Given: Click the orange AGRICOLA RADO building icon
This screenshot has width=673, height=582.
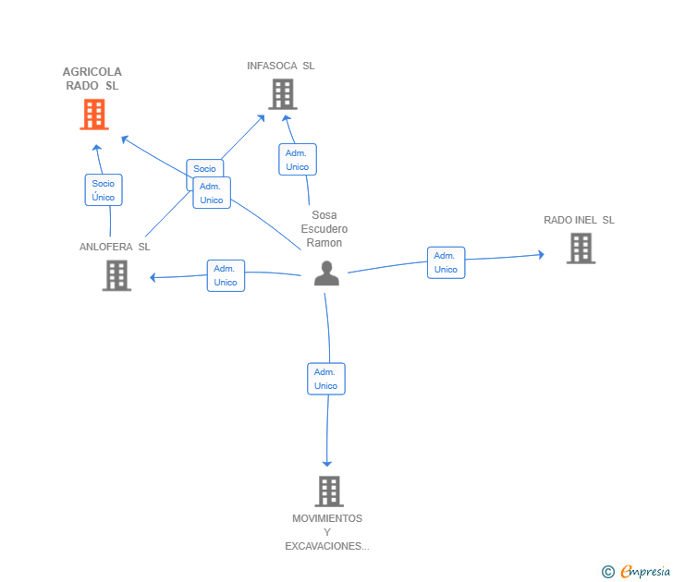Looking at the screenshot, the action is coord(94,114).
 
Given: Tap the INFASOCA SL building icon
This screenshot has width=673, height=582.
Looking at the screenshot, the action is coord(283,94).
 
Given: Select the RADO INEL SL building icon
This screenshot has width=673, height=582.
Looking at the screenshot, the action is coord(581,249).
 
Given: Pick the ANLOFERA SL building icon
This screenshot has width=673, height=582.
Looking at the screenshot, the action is coord(116,276).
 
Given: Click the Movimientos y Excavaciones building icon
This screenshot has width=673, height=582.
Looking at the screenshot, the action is coord(329,491).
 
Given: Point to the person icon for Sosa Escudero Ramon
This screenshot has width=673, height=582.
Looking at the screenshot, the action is coord(326,273).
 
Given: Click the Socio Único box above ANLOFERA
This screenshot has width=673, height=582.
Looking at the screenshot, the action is coord(104,190).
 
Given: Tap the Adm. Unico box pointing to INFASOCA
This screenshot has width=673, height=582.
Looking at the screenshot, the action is coord(298,160).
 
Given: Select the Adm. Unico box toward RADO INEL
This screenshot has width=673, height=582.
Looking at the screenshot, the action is coord(446,262).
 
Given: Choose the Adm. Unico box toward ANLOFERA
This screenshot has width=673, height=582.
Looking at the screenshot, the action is coord(226,276).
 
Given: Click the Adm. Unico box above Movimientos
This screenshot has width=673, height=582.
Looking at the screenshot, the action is coord(326,379).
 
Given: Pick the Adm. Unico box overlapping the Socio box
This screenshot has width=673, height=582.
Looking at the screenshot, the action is coord(212,193).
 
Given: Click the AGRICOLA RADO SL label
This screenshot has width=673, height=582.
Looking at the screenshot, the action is coord(92,79).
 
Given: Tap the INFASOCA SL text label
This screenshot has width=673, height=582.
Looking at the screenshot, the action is coord(281,66).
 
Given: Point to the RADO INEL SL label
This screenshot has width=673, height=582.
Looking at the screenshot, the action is coord(579,220).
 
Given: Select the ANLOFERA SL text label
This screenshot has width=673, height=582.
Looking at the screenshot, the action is coord(115,247).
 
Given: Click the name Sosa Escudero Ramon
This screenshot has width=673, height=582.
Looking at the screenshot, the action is coord(324,228).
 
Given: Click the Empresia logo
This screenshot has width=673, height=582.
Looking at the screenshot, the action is coord(636,571).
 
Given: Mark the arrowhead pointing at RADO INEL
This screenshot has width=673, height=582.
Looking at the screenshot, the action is coord(542,255).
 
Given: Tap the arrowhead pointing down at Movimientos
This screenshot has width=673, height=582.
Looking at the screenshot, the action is coord(327,464).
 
